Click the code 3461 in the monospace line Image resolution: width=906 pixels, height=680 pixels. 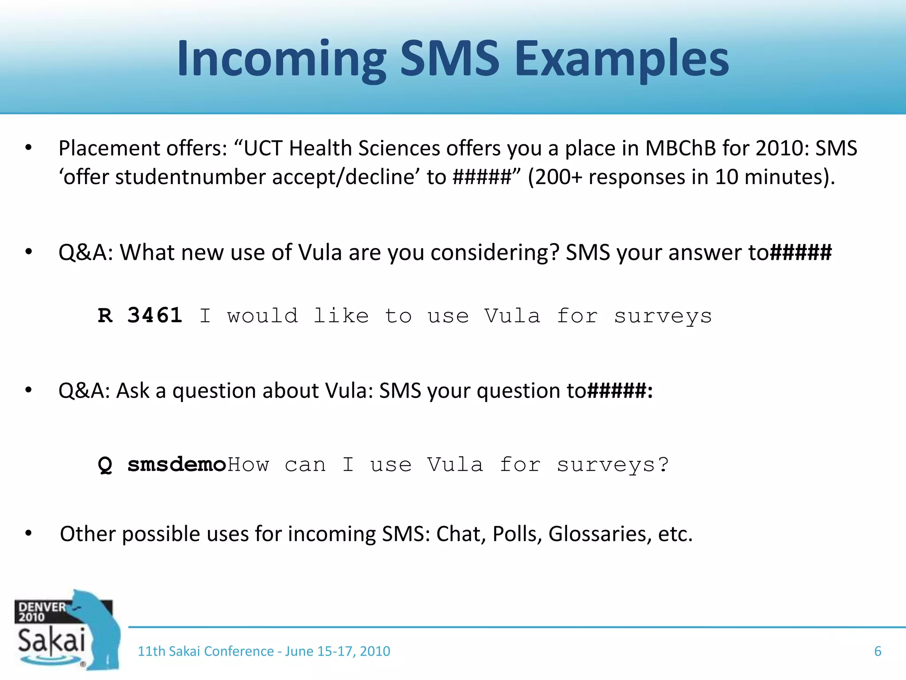[x=155, y=316]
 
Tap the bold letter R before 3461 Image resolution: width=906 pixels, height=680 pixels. [x=105, y=316]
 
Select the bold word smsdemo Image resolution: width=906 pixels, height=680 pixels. [x=177, y=464]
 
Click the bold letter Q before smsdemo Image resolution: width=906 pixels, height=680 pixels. [x=105, y=465]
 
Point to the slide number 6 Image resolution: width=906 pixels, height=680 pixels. [x=878, y=651]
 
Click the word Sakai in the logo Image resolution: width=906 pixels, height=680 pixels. [x=51, y=640]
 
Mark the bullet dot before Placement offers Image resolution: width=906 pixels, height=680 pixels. [x=29, y=148]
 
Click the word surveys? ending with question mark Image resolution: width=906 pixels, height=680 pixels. [x=613, y=465]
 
